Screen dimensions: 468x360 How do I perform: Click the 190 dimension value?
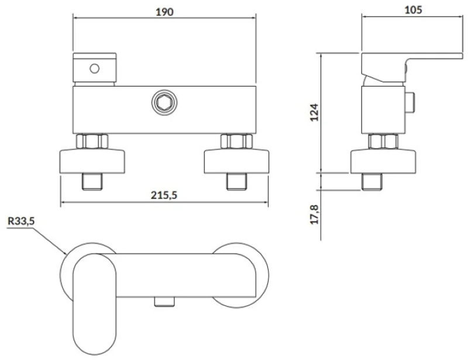point(164,12)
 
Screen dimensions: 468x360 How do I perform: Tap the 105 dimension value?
point(413,10)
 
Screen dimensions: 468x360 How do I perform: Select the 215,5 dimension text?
point(164,195)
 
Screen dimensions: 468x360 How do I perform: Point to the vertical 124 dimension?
point(314,112)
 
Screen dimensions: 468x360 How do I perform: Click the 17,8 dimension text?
point(314,214)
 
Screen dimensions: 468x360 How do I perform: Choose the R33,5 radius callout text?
point(21,221)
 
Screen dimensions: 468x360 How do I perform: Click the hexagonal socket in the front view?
point(164,102)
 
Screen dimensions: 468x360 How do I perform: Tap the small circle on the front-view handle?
point(95,68)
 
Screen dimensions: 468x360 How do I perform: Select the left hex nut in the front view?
point(92,141)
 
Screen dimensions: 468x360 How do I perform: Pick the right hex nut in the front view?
point(236,141)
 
